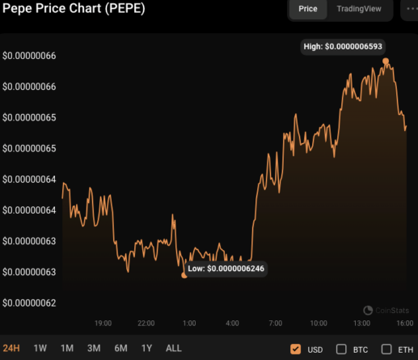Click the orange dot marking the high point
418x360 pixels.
[386, 61]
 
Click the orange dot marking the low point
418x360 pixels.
[184, 275]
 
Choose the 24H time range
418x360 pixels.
[12, 348]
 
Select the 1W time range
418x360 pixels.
[40, 348]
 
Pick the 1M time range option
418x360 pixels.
[66, 348]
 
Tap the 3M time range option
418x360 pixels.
[93, 348]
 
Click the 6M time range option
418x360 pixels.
[120, 348]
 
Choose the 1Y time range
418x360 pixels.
[146, 348]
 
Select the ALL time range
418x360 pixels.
[173, 348]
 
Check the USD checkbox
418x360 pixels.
[296, 349]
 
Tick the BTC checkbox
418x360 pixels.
[341, 349]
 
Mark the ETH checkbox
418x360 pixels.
[386, 349]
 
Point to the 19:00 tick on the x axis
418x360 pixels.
[103, 323]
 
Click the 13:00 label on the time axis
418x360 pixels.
[361, 323]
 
